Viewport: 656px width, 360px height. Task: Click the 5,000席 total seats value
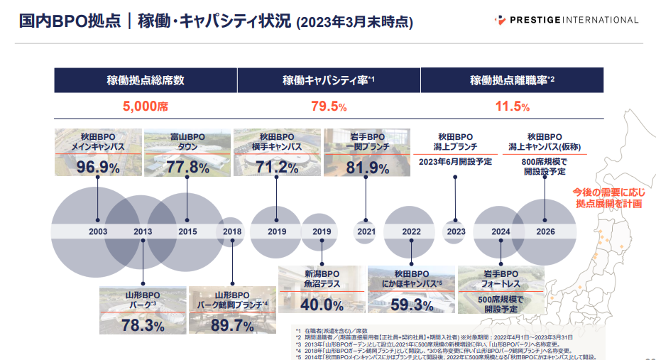145,107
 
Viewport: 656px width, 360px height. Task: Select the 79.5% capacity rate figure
329,107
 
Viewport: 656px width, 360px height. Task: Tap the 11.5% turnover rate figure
512,107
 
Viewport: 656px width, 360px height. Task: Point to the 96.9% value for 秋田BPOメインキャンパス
98,168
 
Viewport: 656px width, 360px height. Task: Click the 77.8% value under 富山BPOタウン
187,168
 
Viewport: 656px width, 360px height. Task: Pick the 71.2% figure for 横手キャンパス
277,168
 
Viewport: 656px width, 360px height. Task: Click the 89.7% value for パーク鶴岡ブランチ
232,326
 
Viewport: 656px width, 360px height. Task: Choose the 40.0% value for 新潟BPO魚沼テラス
322,305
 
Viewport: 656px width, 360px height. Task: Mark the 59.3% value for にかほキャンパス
411,305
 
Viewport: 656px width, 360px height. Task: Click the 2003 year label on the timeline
98,231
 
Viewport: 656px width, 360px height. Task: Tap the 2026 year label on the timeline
545,231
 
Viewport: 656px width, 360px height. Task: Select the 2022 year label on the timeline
411,231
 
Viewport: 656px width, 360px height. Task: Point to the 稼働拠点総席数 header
145,80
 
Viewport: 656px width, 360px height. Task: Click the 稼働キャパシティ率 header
329,80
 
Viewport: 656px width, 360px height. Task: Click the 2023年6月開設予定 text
455,161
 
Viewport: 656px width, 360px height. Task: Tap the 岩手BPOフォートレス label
501,279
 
